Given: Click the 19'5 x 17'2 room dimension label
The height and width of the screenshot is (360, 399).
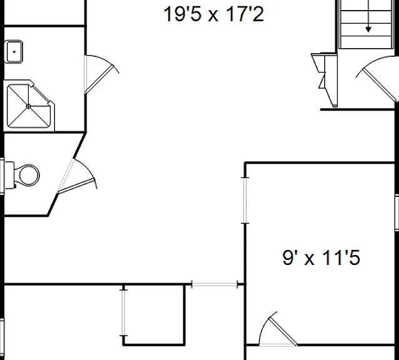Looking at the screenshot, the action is point(213,14).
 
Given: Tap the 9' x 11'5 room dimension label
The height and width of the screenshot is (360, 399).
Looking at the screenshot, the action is point(321,257).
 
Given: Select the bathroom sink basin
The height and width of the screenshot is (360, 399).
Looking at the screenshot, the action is point(14,52).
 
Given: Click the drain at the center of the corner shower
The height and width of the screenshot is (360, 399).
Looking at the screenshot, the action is point(29,106).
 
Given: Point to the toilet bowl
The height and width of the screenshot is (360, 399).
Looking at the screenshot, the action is point(29,175).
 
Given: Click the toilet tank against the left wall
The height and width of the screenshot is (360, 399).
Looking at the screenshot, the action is point(9,175).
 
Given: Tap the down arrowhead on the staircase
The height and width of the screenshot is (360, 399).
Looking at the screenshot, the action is point(368,29).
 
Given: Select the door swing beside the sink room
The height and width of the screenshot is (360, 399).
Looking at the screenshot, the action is point(102,74).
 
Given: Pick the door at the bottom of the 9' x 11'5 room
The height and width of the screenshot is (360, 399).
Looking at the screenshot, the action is point(278,329).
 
